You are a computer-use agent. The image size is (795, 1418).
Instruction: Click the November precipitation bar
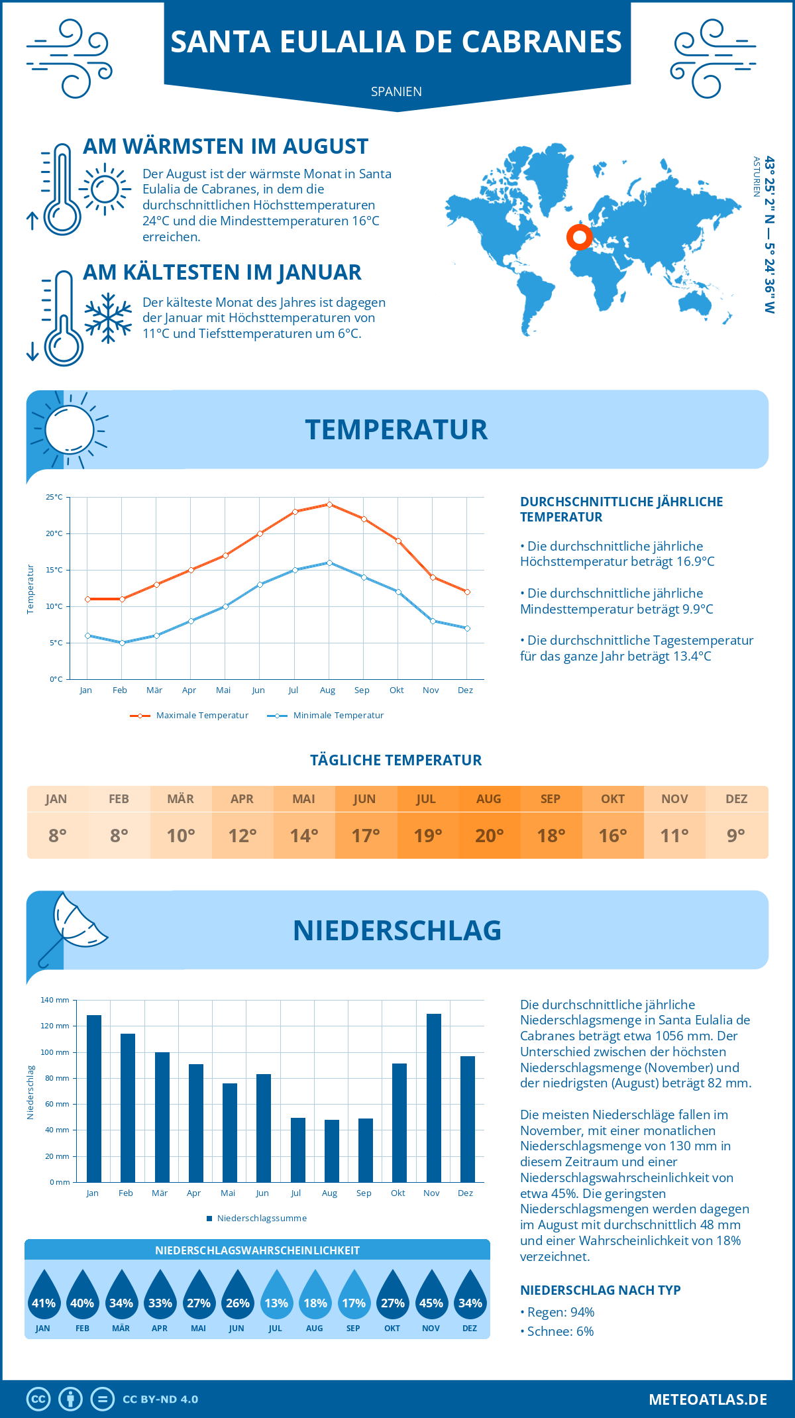coord(434,1098)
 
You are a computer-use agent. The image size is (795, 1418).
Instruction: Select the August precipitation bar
coord(332,1151)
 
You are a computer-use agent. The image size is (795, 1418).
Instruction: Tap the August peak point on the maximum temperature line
coord(329,504)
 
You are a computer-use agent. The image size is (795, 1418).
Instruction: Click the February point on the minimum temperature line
coord(122,643)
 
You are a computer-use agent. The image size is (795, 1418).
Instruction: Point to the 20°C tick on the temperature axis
coord(54,533)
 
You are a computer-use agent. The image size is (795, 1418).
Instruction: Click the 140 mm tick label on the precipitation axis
coord(55,1000)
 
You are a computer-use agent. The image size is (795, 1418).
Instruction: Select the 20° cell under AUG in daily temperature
coord(489,836)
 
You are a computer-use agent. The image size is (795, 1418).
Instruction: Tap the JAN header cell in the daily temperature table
coord(56,799)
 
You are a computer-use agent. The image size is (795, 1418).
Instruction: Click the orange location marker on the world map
coord(579,237)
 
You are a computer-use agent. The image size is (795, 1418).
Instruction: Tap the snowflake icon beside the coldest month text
coord(108,318)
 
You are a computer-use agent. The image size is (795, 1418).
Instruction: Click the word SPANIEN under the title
coord(396,91)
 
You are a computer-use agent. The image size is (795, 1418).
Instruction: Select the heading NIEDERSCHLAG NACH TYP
coord(600,1290)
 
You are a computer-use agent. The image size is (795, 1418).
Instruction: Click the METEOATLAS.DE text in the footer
coord(708,1399)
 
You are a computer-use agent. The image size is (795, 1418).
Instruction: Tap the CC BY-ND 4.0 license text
coord(160,1399)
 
